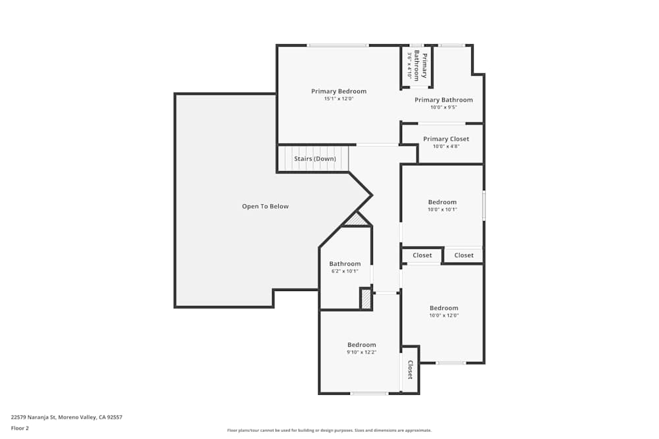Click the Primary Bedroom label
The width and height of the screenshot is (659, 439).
[339, 91]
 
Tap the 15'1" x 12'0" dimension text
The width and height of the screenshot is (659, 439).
[339, 99]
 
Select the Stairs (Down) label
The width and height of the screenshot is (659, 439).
[315, 159]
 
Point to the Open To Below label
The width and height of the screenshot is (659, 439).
[265, 207]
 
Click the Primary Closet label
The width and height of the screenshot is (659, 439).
[446, 139]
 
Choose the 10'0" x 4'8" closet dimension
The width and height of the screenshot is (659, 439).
[446, 147]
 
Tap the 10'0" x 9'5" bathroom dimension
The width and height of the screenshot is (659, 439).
[444, 107]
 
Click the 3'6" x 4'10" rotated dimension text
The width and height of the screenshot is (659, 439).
[409, 66]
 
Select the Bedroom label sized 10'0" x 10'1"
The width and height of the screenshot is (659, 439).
[442, 202]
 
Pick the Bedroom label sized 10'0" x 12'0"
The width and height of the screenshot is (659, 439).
[444, 308]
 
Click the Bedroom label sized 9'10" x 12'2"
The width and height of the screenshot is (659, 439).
[362, 345]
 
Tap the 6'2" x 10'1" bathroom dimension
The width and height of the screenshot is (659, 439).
[345, 271]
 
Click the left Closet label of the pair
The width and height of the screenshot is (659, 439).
[422, 255]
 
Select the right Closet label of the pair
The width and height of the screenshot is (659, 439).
[464, 255]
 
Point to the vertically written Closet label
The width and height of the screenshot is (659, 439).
[410, 370]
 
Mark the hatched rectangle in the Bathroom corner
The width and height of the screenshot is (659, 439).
[366, 298]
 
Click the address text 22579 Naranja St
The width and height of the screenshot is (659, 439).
[67, 417]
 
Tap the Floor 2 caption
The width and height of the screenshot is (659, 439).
[20, 428]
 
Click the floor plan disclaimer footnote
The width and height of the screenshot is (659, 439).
[329, 430]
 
